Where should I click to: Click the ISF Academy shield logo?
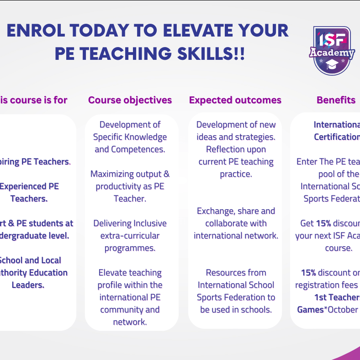point(332,50)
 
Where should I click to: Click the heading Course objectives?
point(130,100)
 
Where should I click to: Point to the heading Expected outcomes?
point(235,100)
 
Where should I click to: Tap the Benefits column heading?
point(336,100)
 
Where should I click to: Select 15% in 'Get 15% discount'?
point(323,223)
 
